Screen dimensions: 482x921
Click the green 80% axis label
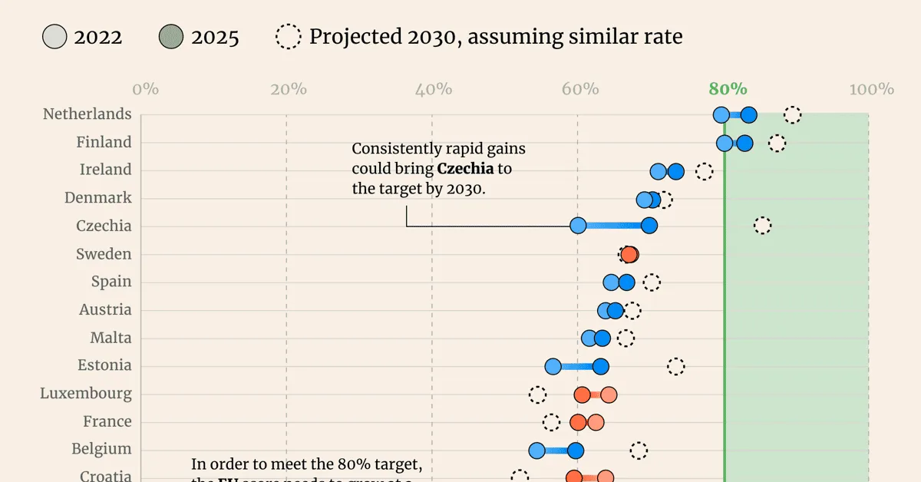pyautogui.click(x=728, y=88)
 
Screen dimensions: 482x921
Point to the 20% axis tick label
pyautogui.click(x=289, y=89)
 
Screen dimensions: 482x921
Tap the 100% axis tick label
pyautogui.click(x=871, y=89)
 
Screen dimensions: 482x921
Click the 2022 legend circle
pyautogui.click(x=54, y=37)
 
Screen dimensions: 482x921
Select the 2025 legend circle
pyautogui.click(x=170, y=37)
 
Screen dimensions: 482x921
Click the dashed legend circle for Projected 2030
pyautogui.click(x=288, y=37)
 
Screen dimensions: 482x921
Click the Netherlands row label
pyautogui.click(x=87, y=114)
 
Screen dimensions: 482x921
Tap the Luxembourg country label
pyautogui.click(x=86, y=394)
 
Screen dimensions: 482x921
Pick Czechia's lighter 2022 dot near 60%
pyautogui.click(x=578, y=226)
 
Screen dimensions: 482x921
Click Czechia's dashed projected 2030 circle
pyautogui.click(x=762, y=226)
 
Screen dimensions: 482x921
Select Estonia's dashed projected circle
pyautogui.click(x=675, y=366)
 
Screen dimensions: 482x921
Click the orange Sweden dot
pyautogui.click(x=629, y=254)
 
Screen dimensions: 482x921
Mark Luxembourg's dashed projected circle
pyautogui.click(x=537, y=395)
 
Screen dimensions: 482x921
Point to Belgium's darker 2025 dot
pyautogui.click(x=575, y=451)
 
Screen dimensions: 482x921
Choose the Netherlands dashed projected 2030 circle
pyautogui.click(x=792, y=115)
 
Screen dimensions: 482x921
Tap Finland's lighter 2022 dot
pyautogui.click(x=725, y=144)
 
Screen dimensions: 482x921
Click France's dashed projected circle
pyautogui.click(x=551, y=422)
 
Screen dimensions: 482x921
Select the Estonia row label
pyautogui.click(x=104, y=365)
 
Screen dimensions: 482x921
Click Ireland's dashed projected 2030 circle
pyautogui.click(x=704, y=171)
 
